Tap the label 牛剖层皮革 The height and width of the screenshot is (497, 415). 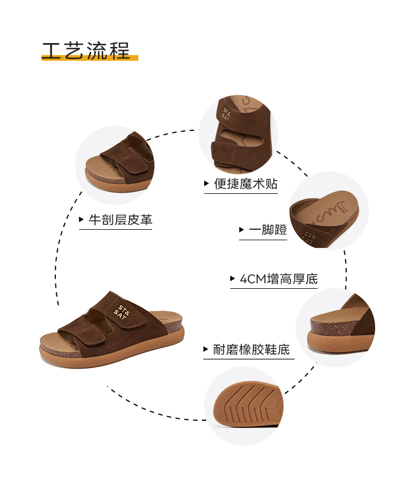point(120,220)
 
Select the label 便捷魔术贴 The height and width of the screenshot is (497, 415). point(246,184)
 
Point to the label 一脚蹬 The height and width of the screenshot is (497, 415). point(268,230)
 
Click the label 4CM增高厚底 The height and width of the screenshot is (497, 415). point(279,279)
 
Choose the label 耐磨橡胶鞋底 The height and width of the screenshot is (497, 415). point(251,350)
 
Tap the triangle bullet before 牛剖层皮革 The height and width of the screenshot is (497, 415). point(81,220)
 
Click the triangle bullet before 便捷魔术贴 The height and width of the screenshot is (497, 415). point(206,184)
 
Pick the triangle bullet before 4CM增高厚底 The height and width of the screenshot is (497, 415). point(233,279)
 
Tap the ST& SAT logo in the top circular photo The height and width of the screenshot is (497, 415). point(226,116)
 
